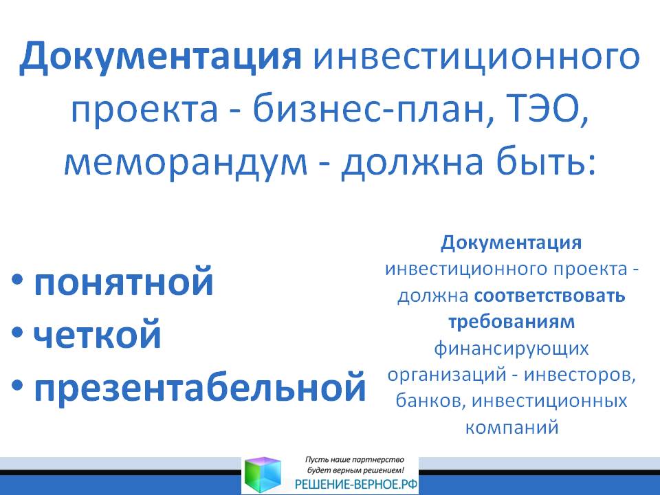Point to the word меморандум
click(x=186, y=164)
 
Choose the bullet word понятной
click(x=123, y=282)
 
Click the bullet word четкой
click(x=97, y=334)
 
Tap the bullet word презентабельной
click(x=200, y=388)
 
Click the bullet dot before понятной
click(x=17, y=279)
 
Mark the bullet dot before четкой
click(x=17, y=332)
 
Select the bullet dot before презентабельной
click(x=17, y=385)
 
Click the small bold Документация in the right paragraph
click(x=511, y=243)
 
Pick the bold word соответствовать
click(x=550, y=296)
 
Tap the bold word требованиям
click(x=511, y=322)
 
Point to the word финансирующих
click(x=511, y=349)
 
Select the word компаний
click(x=511, y=427)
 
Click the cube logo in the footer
click(x=263, y=475)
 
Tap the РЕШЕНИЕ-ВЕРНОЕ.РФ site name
click(x=356, y=485)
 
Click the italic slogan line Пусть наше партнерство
click(x=355, y=460)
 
